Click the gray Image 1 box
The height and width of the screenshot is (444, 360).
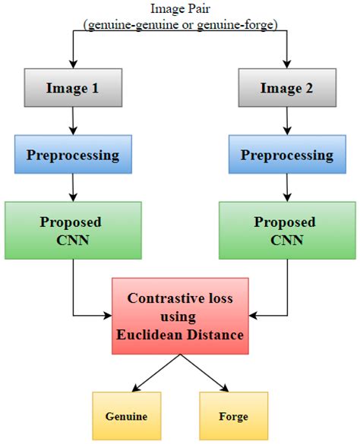[73, 88]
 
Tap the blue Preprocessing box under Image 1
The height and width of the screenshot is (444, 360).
[73, 156]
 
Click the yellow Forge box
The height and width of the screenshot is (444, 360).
[234, 416]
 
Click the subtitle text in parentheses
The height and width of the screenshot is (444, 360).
[180, 25]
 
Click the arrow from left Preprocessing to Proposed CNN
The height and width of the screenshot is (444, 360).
[73, 188]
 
